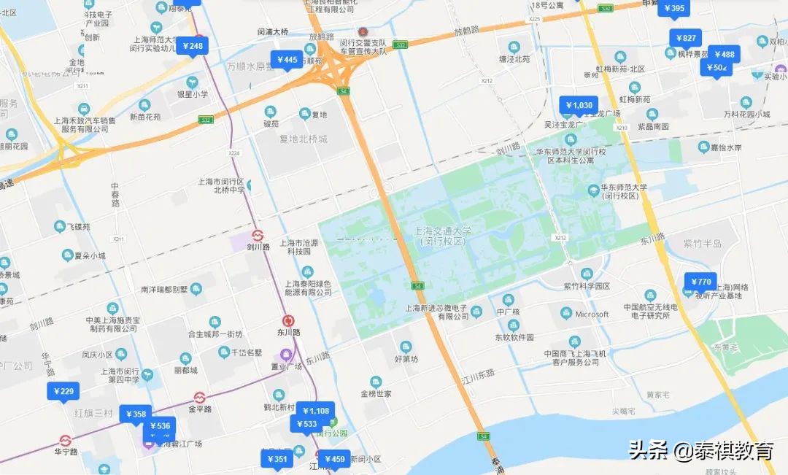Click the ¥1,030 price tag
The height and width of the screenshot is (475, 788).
click(x=579, y=105)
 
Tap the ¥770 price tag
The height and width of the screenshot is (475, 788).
click(x=700, y=282)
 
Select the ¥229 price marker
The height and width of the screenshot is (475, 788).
click(x=63, y=392)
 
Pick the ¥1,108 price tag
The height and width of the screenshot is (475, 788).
click(x=316, y=411)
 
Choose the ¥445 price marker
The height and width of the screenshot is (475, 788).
click(x=285, y=60)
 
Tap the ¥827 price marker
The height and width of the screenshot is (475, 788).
click(x=685, y=39)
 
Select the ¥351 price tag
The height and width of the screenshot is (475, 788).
click(x=277, y=459)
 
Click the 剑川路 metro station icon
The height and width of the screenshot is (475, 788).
click(x=257, y=235)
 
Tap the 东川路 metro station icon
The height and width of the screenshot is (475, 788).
click(x=289, y=320)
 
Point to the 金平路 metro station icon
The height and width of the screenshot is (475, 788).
click(x=199, y=398)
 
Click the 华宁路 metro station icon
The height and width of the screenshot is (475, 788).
click(x=65, y=441)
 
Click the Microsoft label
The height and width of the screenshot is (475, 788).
click(x=592, y=314)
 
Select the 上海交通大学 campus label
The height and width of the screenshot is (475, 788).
click(x=443, y=236)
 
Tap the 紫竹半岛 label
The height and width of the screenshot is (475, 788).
click(x=702, y=243)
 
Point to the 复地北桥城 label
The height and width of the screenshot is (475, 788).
click(x=304, y=139)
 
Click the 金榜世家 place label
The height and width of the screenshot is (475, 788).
click(x=376, y=394)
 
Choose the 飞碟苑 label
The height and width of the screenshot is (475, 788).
click(x=75, y=228)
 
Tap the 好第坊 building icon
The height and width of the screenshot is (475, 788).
click(x=406, y=346)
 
